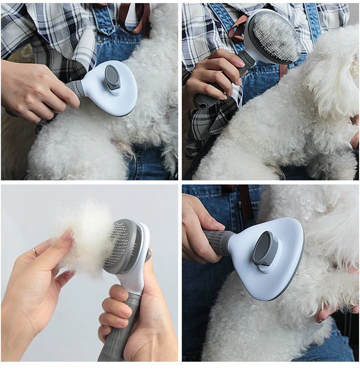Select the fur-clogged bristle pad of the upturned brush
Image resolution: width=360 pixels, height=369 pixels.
click(276, 36)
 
